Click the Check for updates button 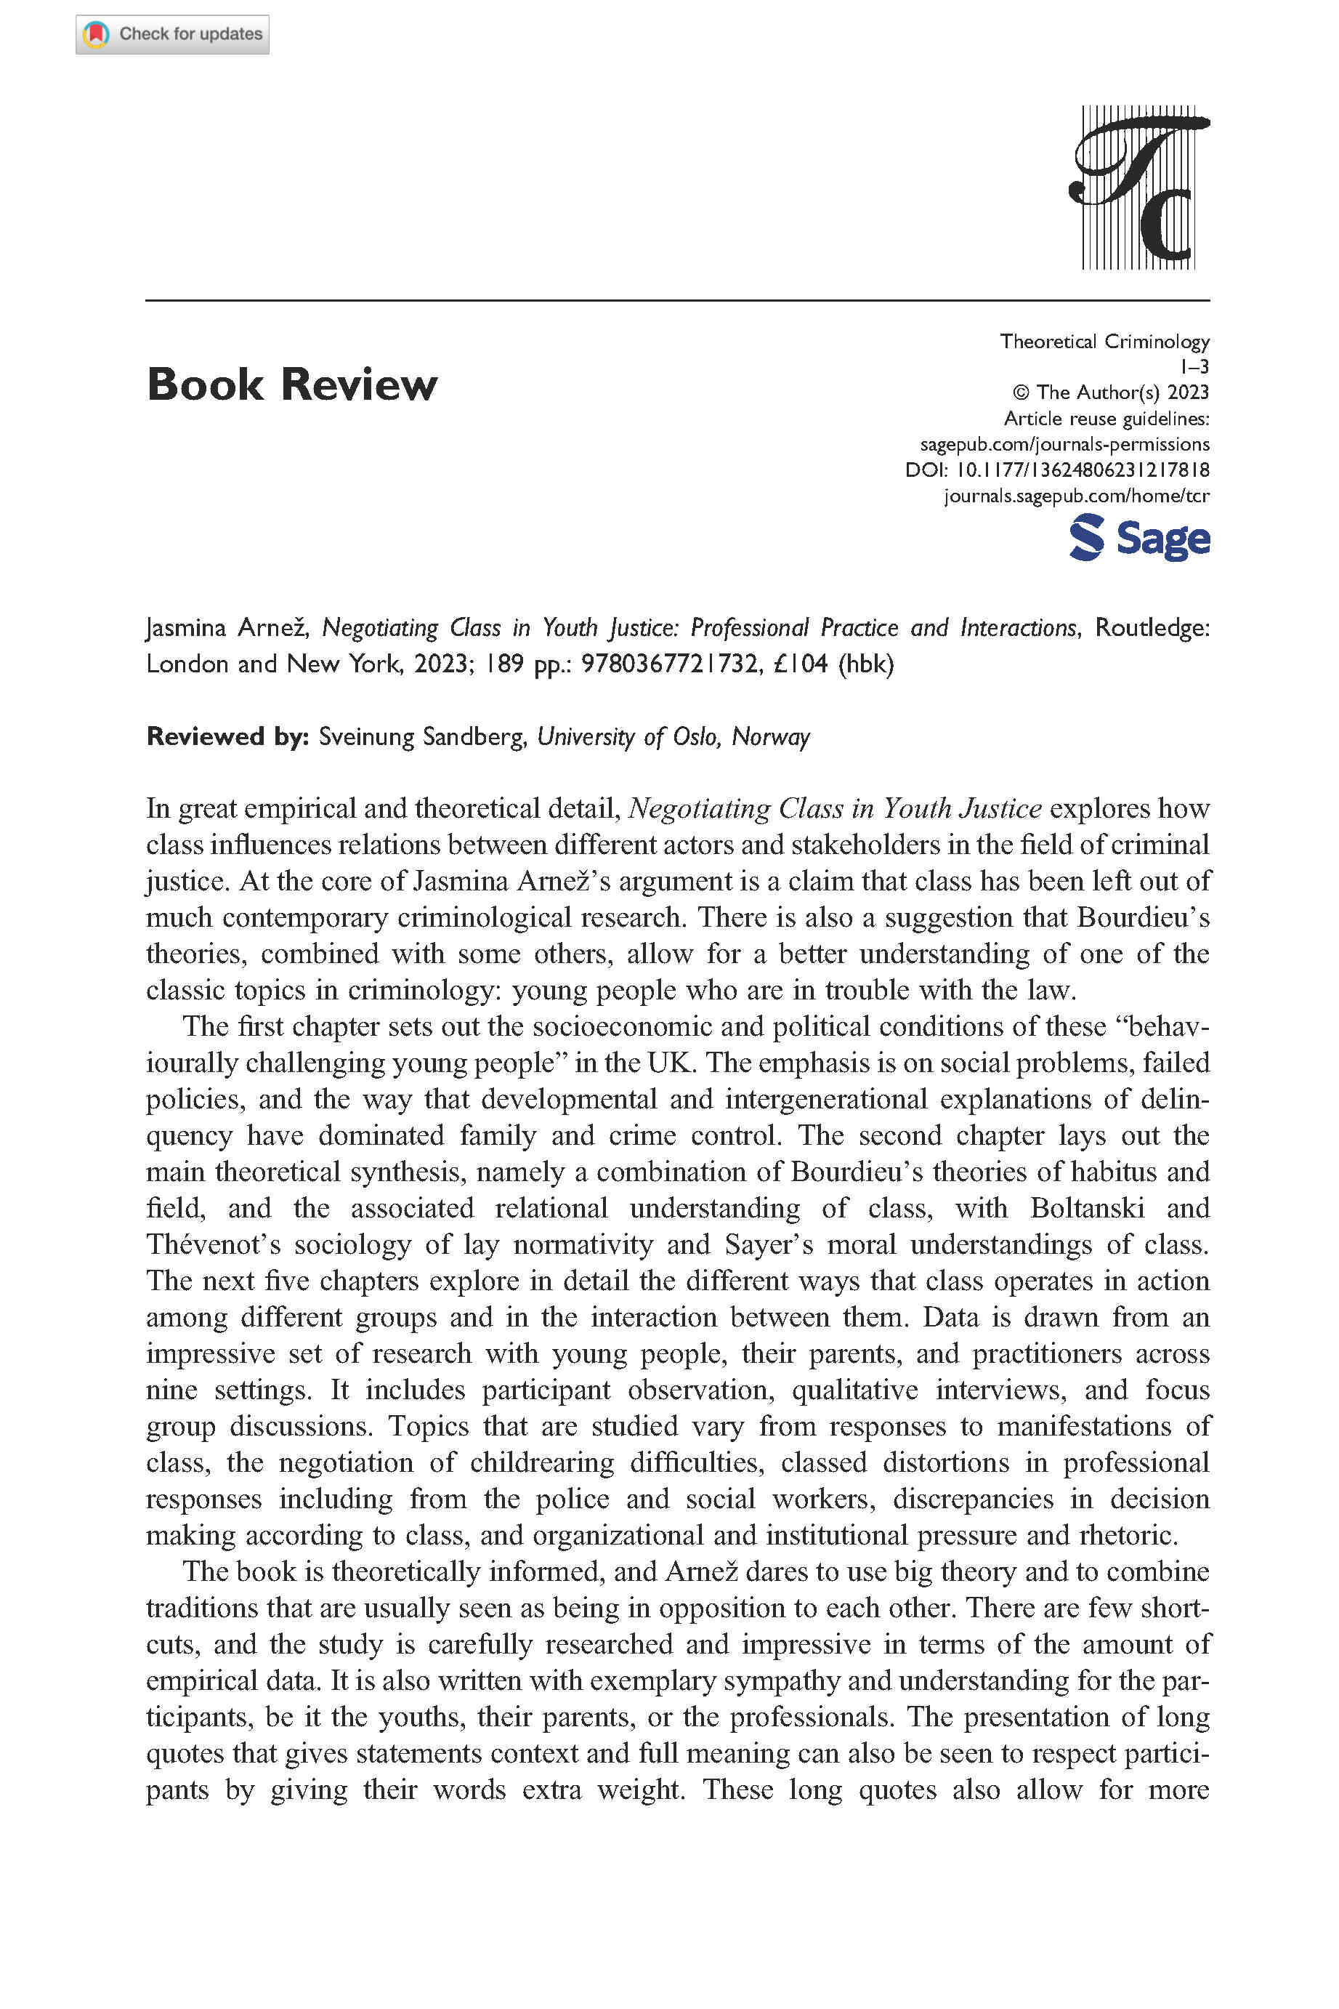click(172, 34)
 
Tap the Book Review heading click(291, 385)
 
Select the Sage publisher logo click(1139, 538)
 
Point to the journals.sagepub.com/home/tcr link click(1076, 496)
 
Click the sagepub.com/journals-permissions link click(1064, 444)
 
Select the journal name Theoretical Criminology click(1104, 342)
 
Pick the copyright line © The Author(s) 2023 click(1110, 393)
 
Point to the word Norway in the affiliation click(770, 736)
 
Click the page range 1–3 click(1194, 367)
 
